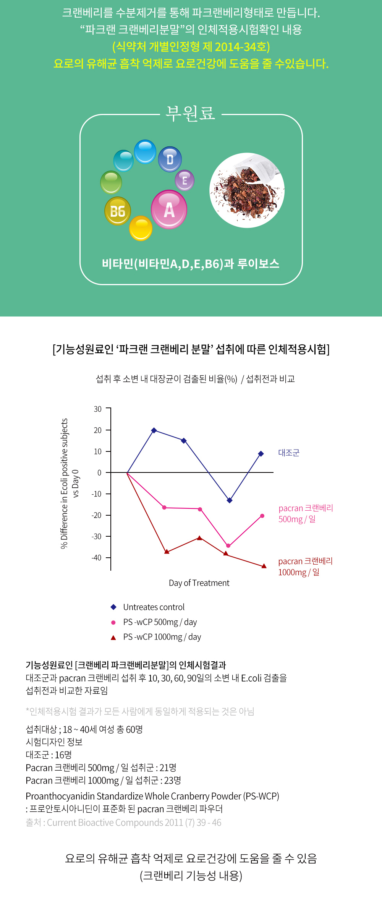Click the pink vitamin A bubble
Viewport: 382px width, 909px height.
click(x=169, y=209)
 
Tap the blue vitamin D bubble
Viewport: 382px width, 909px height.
click(x=170, y=159)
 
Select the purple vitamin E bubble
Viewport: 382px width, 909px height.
click(x=185, y=180)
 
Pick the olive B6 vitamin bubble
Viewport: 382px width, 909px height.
click(x=118, y=211)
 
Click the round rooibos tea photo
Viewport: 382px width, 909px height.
click(x=247, y=190)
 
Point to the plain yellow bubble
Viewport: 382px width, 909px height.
click(x=141, y=228)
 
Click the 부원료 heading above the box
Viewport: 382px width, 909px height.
click(x=190, y=114)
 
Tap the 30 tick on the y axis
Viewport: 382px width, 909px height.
click(x=98, y=409)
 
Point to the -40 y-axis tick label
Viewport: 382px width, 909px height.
click(x=97, y=558)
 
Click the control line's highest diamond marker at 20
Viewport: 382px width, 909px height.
click(x=154, y=430)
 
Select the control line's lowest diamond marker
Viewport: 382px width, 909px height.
click(x=229, y=500)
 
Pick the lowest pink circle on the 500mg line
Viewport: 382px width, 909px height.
click(x=228, y=546)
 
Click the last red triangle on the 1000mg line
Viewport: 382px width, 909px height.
click(x=264, y=566)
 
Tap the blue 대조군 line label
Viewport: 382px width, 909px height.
click(x=289, y=453)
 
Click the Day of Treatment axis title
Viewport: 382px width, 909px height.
click(x=199, y=583)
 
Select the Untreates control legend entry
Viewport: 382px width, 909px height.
click(x=154, y=607)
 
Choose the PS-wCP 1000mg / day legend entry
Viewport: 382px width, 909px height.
click(x=162, y=637)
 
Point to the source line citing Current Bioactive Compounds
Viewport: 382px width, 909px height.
click(x=123, y=822)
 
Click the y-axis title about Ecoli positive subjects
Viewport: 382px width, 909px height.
click(x=64, y=483)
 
